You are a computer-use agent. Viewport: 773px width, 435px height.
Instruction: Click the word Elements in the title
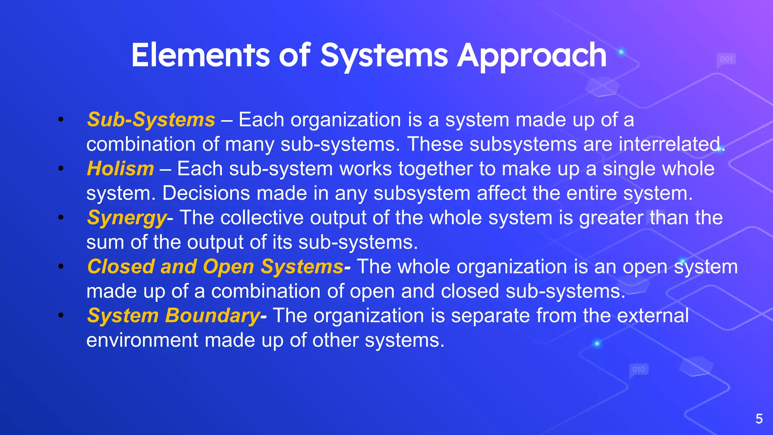[x=200, y=56]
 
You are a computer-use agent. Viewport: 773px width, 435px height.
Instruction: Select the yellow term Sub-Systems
[x=151, y=120]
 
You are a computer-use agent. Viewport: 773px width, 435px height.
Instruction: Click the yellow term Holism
[x=120, y=168]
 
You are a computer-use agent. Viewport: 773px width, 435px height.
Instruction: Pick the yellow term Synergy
[x=127, y=218]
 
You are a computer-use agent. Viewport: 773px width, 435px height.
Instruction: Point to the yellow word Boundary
[x=212, y=316]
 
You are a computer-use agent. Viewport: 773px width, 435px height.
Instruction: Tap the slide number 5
[x=759, y=419]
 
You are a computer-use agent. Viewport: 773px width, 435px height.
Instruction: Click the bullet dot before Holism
[x=61, y=168]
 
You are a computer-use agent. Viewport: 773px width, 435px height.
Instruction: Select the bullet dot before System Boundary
[x=61, y=315]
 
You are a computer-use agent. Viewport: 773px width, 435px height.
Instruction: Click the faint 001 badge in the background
[x=726, y=59]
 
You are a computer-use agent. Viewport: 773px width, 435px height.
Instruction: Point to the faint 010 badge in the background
[x=639, y=369]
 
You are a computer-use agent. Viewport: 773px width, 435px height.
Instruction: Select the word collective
[x=262, y=218]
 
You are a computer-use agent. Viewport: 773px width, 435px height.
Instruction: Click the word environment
[x=142, y=340]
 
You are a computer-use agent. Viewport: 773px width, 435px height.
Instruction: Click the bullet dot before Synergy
[x=61, y=217]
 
